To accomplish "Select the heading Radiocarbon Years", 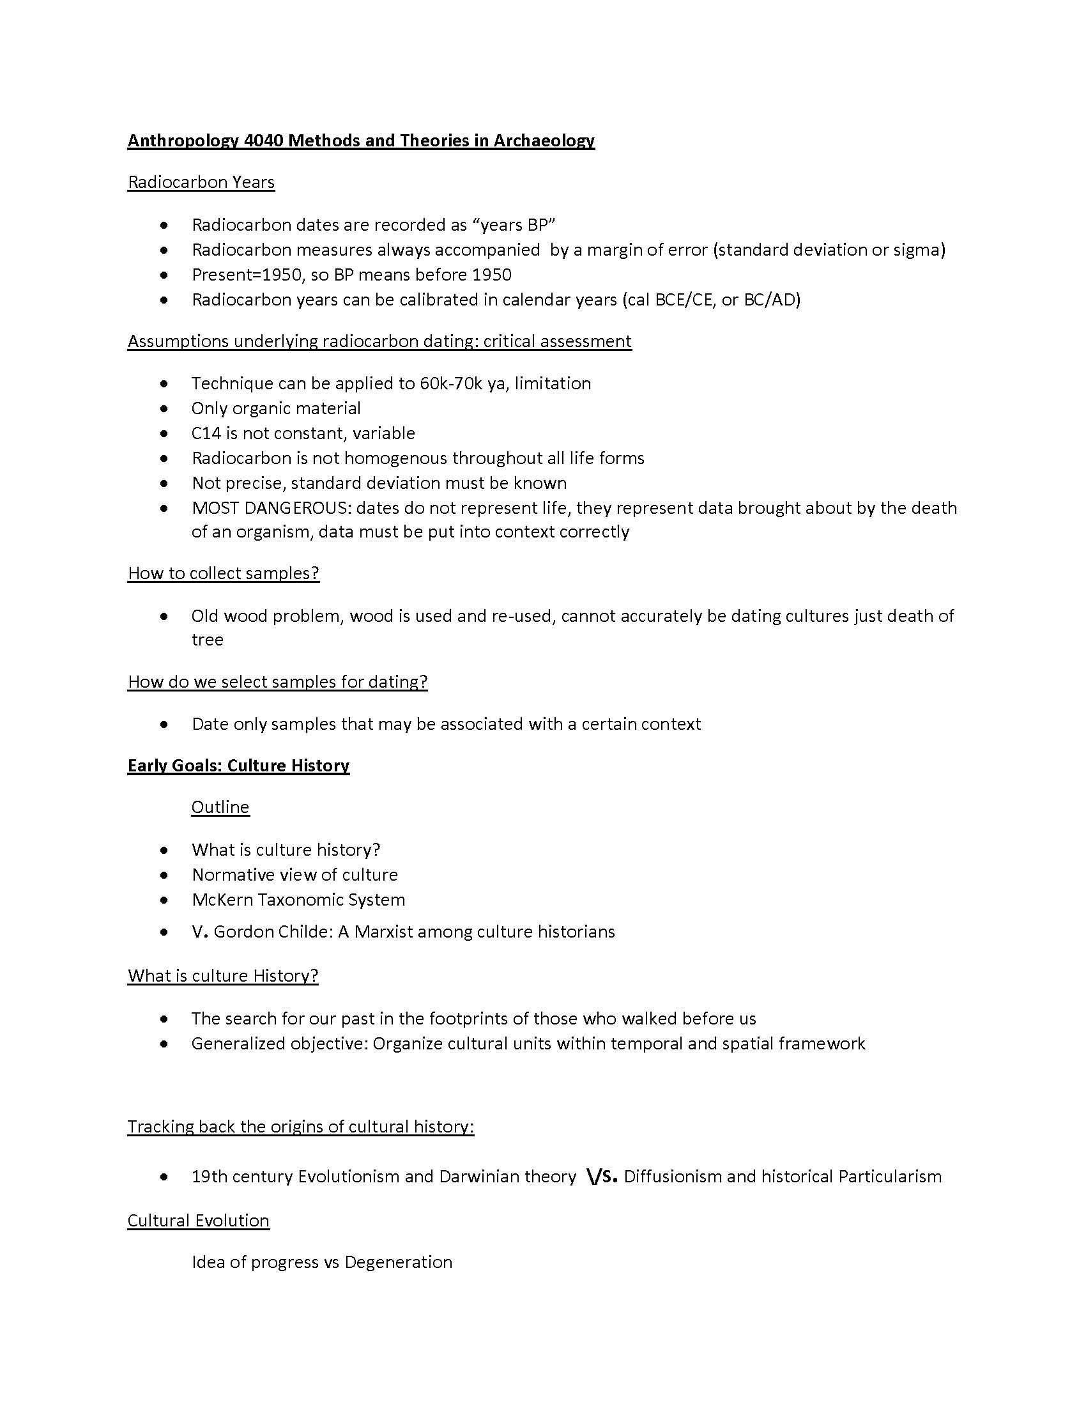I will pos(201,182).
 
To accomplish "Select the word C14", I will pos(206,433).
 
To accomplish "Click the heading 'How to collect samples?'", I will pos(223,573).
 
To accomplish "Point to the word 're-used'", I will pos(523,616).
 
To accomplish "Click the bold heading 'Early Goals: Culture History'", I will pos(238,766).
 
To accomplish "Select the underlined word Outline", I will pos(220,807).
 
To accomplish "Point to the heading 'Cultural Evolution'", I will pos(198,1221).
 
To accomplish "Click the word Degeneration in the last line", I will pos(398,1262).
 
